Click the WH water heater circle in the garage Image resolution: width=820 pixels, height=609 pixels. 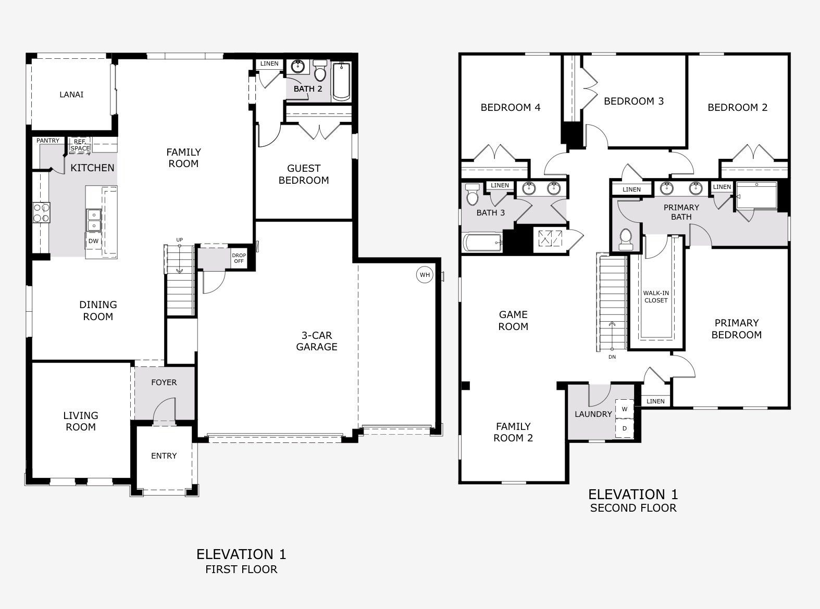click(x=425, y=275)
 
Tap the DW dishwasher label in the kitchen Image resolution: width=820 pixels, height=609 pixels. click(x=94, y=241)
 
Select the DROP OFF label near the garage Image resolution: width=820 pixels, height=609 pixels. click(x=239, y=258)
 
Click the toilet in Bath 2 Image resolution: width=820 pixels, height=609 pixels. click(x=320, y=70)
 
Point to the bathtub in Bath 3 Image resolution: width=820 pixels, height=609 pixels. click(x=482, y=243)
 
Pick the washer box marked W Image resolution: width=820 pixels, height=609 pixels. click(x=625, y=409)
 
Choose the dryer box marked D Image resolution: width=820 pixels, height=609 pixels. click(x=625, y=429)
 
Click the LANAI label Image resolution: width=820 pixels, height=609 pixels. click(x=71, y=95)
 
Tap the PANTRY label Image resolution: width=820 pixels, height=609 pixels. click(x=48, y=141)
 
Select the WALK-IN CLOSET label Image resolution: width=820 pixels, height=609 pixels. click(x=656, y=297)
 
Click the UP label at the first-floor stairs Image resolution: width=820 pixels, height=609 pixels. click(x=179, y=240)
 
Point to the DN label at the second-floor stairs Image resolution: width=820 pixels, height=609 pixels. click(x=612, y=357)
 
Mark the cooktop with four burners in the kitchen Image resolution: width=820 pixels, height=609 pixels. click(x=41, y=212)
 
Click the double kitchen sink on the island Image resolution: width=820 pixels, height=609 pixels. click(x=94, y=220)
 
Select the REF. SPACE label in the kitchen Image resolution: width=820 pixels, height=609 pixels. click(x=80, y=145)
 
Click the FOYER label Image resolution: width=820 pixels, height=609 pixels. click(x=164, y=383)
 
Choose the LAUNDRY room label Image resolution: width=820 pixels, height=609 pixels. click(x=593, y=414)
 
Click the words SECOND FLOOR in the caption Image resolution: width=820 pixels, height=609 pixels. click(x=633, y=508)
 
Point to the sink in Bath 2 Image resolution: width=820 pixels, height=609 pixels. click(x=297, y=67)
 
